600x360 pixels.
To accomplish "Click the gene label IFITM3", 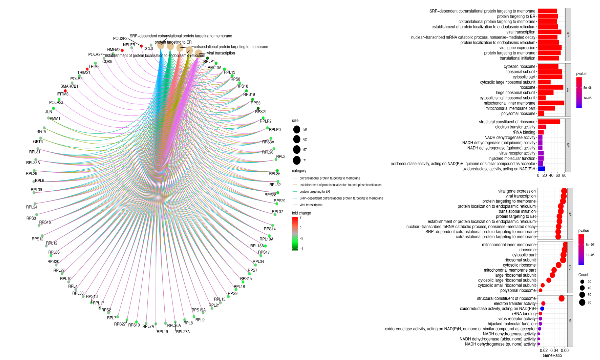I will point(62,94).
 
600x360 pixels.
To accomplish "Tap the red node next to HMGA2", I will point(122,50).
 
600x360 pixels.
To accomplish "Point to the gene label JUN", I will point(49,111).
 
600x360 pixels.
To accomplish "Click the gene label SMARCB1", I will point(70,86).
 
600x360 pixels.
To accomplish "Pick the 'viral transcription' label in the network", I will point(221,53).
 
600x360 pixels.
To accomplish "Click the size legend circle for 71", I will point(297,160).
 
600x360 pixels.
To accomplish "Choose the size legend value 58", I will point(305,129).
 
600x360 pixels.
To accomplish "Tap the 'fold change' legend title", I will point(301,212).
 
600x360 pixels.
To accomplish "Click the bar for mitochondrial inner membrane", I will point(551,103).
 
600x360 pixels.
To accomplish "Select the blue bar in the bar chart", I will point(541,169).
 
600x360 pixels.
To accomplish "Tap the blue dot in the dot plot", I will point(542,309).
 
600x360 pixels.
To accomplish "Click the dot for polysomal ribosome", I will point(540,290).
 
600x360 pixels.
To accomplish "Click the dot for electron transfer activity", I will point(543,304).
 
